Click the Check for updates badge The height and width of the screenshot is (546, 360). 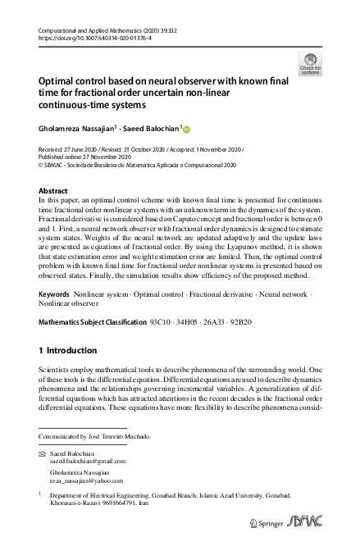311,62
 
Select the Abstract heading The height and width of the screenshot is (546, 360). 53,190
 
